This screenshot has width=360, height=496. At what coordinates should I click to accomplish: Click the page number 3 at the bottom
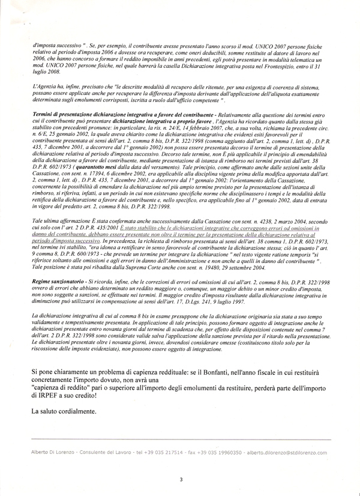click(x=181, y=479)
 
